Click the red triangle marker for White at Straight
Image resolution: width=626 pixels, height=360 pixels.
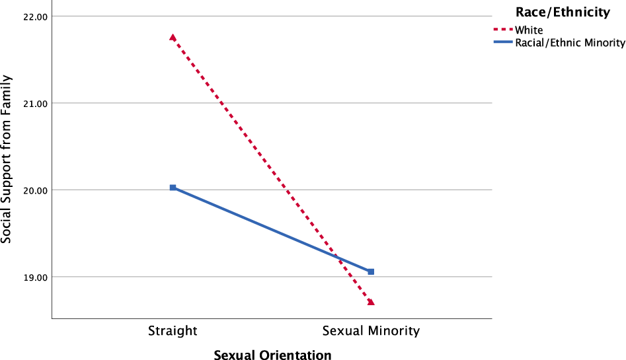[x=173, y=38]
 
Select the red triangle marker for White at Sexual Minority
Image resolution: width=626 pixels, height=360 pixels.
[x=371, y=302]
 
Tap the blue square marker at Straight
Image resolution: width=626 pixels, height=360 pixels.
[x=173, y=188]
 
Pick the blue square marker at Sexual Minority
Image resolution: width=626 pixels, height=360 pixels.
[x=371, y=271]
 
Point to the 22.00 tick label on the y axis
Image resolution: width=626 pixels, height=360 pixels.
[x=26, y=17]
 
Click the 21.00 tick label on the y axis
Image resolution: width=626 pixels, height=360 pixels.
[x=26, y=103]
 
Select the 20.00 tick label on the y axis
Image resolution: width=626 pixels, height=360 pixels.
[x=26, y=190]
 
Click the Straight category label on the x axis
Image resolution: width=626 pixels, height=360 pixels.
[x=173, y=331]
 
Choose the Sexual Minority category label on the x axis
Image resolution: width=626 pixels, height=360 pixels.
[x=371, y=331]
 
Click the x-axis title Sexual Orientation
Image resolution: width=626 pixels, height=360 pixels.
[x=272, y=355]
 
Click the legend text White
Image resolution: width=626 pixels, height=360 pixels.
[x=529, y=30]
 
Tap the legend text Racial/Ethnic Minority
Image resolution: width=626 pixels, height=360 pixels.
[x=570, y=43]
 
